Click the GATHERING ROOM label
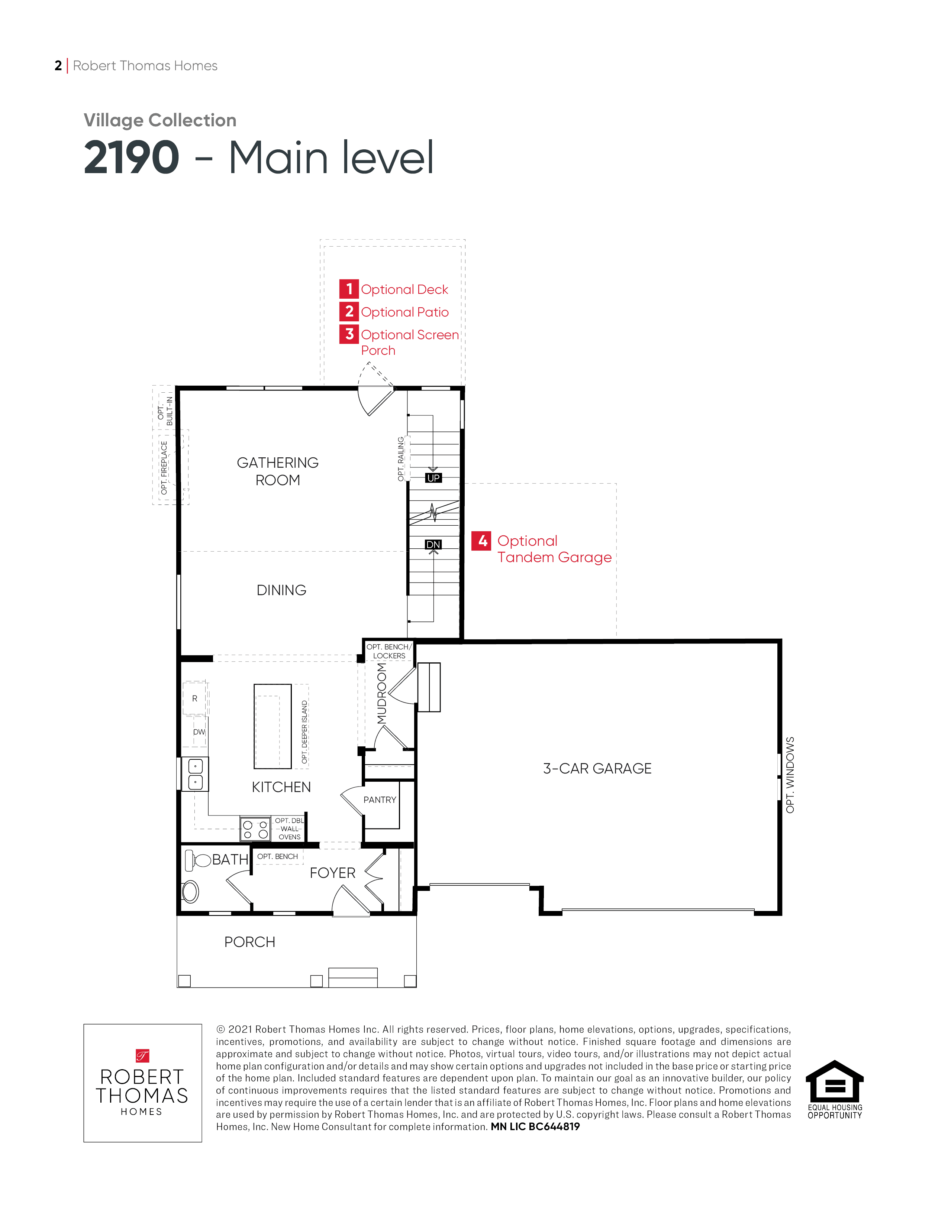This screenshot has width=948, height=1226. [x=277, y=471]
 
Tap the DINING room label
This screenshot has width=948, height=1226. [x=281, y=590]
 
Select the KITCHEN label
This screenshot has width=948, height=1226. [x=281, y=787]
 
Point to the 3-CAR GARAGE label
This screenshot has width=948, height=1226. [x=597, y=769]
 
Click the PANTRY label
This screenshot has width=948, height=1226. [x=380, y=800]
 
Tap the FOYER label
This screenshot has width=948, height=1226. [x=332, y=873]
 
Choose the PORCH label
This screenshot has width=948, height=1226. [x=250, y=942]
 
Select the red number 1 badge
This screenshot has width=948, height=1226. [x=349, y=289]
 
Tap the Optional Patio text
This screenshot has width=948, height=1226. [x=404, y=312]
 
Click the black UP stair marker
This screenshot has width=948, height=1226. [x=433, y=478]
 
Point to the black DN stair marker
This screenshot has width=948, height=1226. [x=433, y=545]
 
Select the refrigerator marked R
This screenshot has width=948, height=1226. [x=195, y=698]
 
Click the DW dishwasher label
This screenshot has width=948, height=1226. [x=199, y=732]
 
